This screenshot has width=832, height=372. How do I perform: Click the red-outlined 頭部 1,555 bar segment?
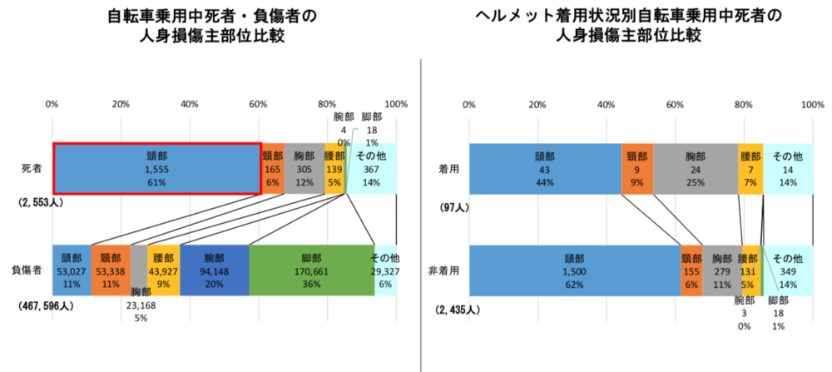click(x=156, y=167)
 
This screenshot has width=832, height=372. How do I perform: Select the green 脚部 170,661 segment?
click(x=311, y=270)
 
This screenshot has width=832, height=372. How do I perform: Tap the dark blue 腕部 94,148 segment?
click(x=214, y=270)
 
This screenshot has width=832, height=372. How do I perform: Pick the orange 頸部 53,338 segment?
click(x=110, y=270)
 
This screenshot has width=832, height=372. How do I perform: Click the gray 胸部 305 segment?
click(x=305, y=167)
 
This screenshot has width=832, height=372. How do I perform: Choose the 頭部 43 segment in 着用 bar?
click(x=545, y=168)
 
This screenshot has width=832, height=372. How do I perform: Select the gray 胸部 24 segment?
click(x=695, y=168)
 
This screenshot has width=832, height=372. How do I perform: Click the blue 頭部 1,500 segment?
click(x=574, y=270)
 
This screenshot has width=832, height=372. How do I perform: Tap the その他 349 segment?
click(x=787, y=270)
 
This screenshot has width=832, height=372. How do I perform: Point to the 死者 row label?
click(x=32, y=168)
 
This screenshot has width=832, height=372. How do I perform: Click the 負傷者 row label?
click(x=27, y=270)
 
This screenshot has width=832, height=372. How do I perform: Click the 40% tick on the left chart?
click(x=189, y=104)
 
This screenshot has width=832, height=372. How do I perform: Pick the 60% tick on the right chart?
click(x=675, y=104)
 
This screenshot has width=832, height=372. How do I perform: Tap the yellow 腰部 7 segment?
click(x=750, y=168)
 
